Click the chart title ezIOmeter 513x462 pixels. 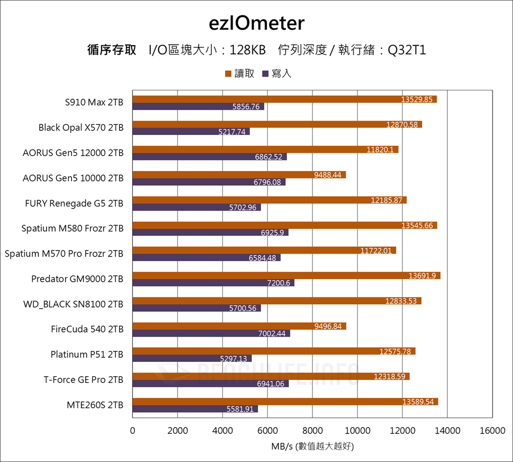256,24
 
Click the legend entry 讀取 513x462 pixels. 244,73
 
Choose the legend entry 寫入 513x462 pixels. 281,73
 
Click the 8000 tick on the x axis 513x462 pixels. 312,431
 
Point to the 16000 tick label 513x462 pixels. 492,431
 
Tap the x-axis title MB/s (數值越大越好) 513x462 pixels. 312,446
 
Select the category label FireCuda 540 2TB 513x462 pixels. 87,329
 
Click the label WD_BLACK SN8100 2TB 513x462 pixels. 73,304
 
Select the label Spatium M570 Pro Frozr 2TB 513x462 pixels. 64,254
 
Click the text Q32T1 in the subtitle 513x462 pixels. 407,50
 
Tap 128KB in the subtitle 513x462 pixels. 248,50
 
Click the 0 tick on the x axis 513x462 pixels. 133,431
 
